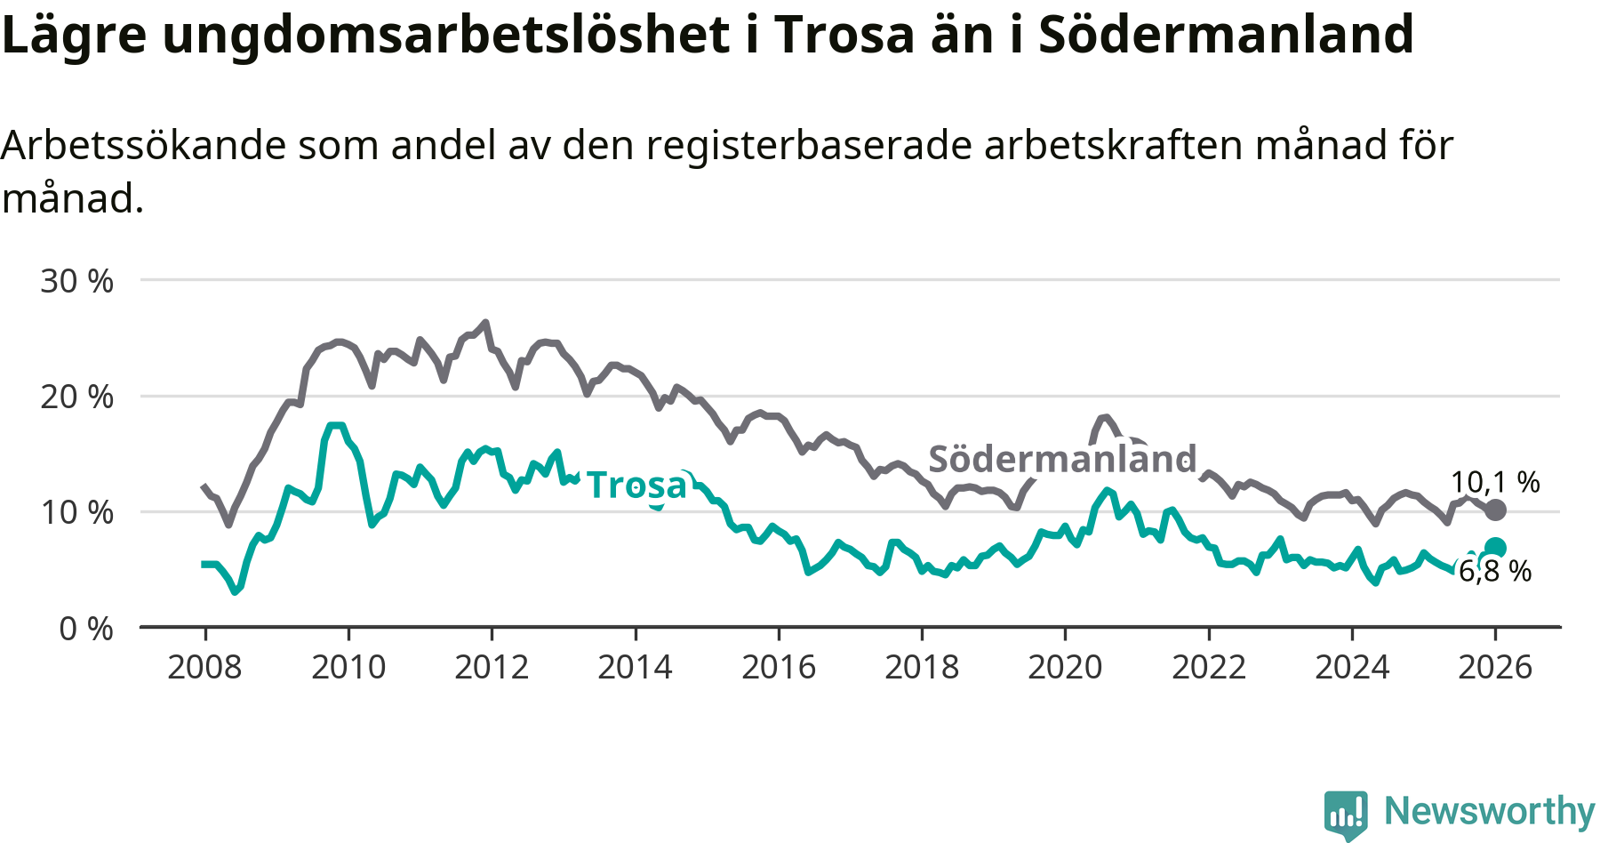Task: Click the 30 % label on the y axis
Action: [x=76, y=281]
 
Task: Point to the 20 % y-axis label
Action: [x=76, y=397]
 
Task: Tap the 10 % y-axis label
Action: [x=76, y=512]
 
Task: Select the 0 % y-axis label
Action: [x=85, y=629]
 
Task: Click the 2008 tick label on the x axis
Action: [x=204, y=667]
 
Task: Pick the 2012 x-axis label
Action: [x=492, y=667]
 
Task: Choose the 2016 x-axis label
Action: [x=779, y=667]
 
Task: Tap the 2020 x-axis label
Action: [x=1065, y=667]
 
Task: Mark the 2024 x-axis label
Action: [x=1352, y=667]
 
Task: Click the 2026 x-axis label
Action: [x=1495, y=667]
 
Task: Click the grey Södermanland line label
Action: [x=1062, y=459]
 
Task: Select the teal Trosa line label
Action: [x=636, y=485]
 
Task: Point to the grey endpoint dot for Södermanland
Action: [x=1495, y=510]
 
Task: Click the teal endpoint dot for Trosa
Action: [x=1495, y=548]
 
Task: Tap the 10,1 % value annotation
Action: [x=1495, y=482]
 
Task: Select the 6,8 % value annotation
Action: [x=1495, y=571]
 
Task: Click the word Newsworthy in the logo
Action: [x=1489, y=811]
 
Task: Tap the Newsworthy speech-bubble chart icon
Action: [x=1346, y=813]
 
